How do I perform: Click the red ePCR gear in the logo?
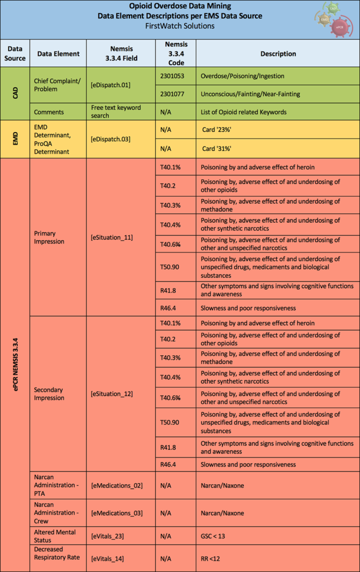(339, 26)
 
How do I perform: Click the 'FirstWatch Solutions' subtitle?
(179, 26)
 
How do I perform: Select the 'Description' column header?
(278, 54)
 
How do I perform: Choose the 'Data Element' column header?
(58, 54)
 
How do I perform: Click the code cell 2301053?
(172, 76)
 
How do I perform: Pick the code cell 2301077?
(172, 94)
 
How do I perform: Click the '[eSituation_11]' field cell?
(112, 237)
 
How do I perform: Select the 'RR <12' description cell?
(211, 558)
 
